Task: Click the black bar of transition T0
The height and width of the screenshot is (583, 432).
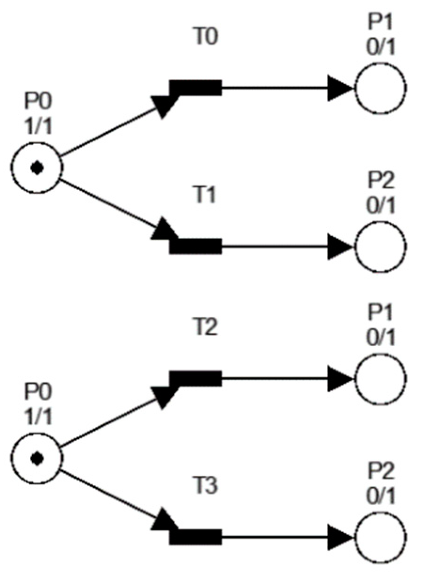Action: [x=196, y=87]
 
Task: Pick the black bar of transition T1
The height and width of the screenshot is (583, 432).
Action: [x=196, y=246]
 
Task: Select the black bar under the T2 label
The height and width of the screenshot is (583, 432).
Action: [x=196, y=378]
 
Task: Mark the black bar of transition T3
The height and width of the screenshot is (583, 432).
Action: [x=196, y=536]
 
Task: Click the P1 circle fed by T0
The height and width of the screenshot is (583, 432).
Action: [x=380, y=87]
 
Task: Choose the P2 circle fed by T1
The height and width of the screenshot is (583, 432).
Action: [x=380, y=246]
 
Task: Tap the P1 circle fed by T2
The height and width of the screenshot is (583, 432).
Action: [x=380, y=378]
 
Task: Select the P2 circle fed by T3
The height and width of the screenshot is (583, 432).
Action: [x=380, y=536]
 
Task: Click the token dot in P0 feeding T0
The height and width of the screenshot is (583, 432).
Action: [x=37, y=167]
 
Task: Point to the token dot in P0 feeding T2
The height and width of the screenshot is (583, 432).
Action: [x=37, y=458]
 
